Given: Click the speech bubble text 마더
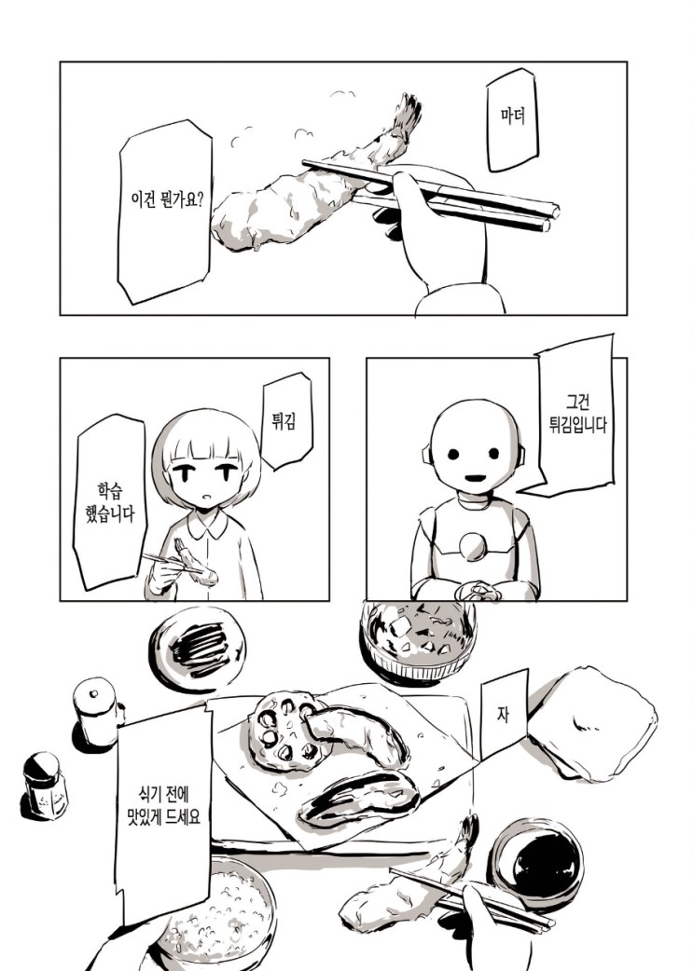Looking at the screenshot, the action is (513, 116).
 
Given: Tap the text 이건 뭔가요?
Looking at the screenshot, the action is (167, 199).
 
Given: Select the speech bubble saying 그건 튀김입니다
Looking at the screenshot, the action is (569, 415).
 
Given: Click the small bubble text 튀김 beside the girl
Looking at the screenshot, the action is (283, 422).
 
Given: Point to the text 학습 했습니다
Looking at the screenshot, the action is (110, 503).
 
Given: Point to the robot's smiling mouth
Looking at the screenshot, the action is (475, 477).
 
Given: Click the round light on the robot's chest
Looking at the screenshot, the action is (473, 546).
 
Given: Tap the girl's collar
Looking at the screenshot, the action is (208, 526).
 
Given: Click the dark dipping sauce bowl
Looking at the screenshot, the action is (535, 863).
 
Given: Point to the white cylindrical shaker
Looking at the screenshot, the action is (97, 711).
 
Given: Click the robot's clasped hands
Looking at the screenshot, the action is (478, 592).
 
